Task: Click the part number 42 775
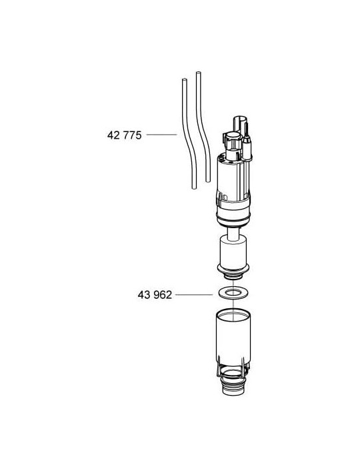[125, 135]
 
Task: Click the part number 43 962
[153, 294]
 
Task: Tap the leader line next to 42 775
[161, 135]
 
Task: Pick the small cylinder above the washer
[233, 254]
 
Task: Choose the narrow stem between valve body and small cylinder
[233, 231]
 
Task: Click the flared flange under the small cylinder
[233, 269]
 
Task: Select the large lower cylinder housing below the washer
[233, 340]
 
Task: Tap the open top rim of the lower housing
[233, 313]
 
